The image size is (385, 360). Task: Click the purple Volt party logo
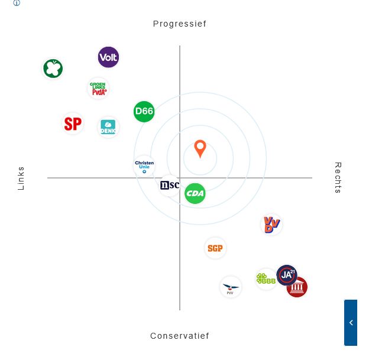[x=108, y=57]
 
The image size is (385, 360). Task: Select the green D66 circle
[x=144, y=111]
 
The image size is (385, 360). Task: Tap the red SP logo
[x=73, y=124]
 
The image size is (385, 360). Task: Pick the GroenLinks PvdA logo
[x=98, y=89]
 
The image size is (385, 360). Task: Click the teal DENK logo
[x=108, y=127]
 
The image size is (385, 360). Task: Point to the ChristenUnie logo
[x=144, y=166]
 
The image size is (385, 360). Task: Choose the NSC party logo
[x=169, y=186]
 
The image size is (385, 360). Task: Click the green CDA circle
[x=195, y=193]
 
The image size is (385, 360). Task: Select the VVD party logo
[x=271, y=225]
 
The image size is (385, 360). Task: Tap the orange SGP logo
[x=215, y=248]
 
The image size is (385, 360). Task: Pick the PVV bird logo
[x=231, y=287]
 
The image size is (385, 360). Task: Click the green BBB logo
[x=266, y=278]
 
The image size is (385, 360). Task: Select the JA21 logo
[x=287, y=275]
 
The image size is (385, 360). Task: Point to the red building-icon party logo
[x=297, y=288]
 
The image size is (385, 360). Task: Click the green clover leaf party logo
[x=53, y=69]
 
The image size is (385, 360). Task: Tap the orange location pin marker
[x=200, y=148]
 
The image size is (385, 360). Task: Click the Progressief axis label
[x=179, y=24]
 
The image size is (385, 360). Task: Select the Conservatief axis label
[x=179, y=336]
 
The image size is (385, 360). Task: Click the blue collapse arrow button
[x=351, y=322]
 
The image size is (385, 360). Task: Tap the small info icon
[x=17, y=3]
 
